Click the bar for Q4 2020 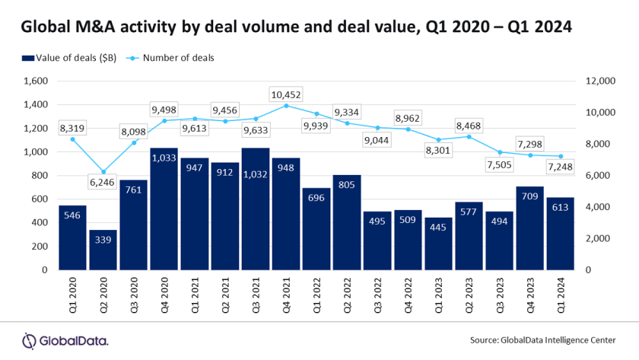click(x=164, y=209)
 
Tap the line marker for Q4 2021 click(x=286, y=106)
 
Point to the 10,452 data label click(x=286, y=94)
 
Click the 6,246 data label click(x=103, y=183)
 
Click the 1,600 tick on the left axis click(x=36, y=81)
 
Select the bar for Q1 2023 click(x=438, y=244)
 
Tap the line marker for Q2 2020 click(x=103, y=171)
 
